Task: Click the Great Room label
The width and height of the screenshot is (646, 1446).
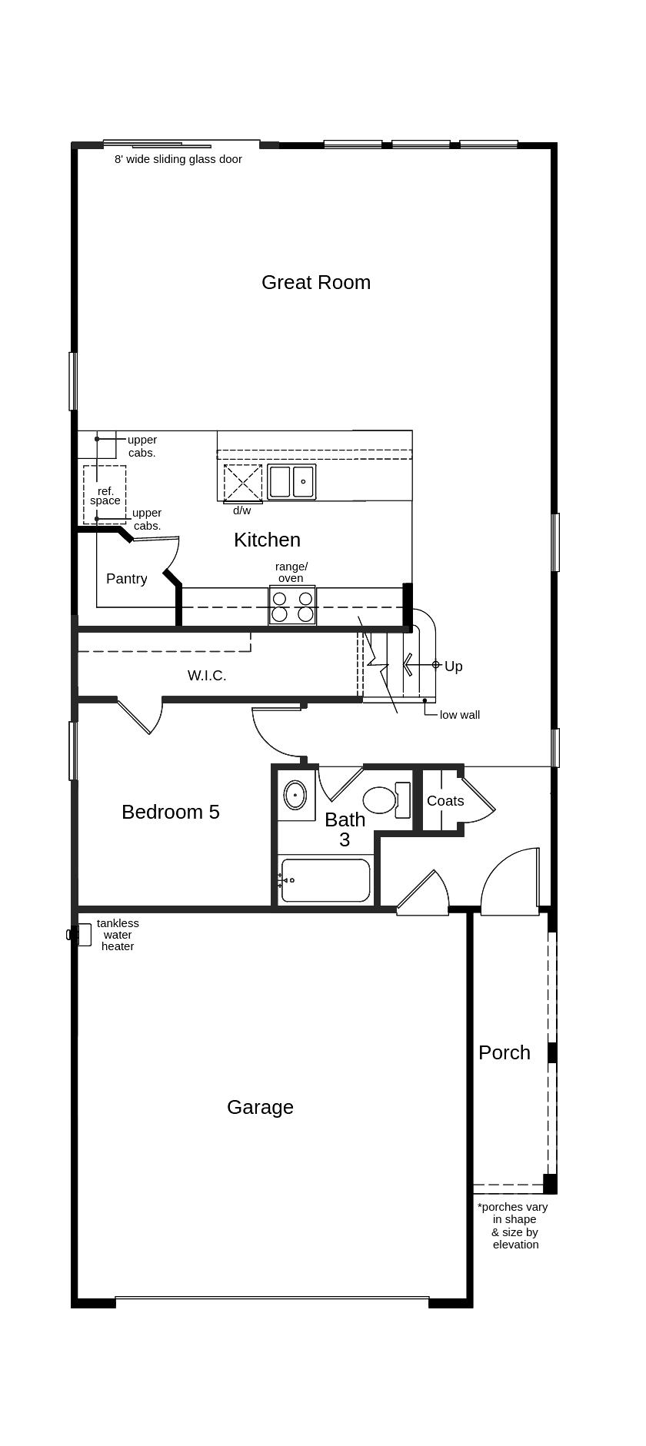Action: (315, 282)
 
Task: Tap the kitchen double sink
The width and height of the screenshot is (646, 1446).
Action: (291, 482)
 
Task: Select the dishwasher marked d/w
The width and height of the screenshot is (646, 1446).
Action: (243, 483)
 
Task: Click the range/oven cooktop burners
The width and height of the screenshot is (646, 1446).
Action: (292, 606)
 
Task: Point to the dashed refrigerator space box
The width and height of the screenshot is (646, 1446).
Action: (105, 494)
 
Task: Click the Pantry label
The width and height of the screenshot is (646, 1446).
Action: (126, 579)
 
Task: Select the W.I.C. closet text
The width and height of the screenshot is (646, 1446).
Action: (207, 676)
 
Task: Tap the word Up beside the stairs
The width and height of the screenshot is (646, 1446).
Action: (454, 666)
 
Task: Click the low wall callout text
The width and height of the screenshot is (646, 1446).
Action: (460, 715)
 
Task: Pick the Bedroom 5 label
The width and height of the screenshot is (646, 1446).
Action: (171, 812)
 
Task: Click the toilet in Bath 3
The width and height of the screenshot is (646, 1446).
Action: (381, 800)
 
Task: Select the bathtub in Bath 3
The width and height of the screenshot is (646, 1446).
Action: (325, 880)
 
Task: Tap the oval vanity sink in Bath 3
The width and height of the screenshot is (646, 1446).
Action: (295, 795)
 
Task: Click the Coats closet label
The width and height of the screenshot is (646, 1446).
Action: (445, 801)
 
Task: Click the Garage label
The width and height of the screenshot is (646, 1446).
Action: (260, 1107)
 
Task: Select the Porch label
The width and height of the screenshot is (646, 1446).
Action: (504, 1052)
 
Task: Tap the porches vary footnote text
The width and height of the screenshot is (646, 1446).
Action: (514, 1225)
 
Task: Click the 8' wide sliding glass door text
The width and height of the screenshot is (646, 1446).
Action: (178, 159)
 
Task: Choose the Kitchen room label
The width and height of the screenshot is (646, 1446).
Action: (267, 540)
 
